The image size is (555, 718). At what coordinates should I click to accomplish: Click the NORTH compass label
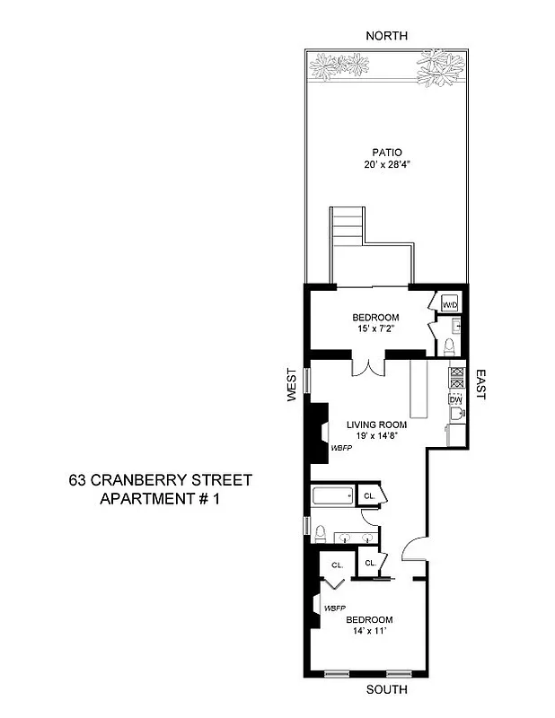(x=387, y=36)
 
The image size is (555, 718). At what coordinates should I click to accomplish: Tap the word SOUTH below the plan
(x=387, y=690)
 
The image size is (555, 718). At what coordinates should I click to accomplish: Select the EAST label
(x=480, y=383)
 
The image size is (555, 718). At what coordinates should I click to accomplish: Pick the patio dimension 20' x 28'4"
(x=387, y=165)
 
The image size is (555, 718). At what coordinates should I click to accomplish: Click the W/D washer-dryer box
(x=450, y=305)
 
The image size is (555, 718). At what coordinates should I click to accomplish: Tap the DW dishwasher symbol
(x=455, y=399)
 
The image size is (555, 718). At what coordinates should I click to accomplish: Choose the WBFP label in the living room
(x=341, y=447)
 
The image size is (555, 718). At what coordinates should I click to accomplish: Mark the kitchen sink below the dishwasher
(x=455, y=415)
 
